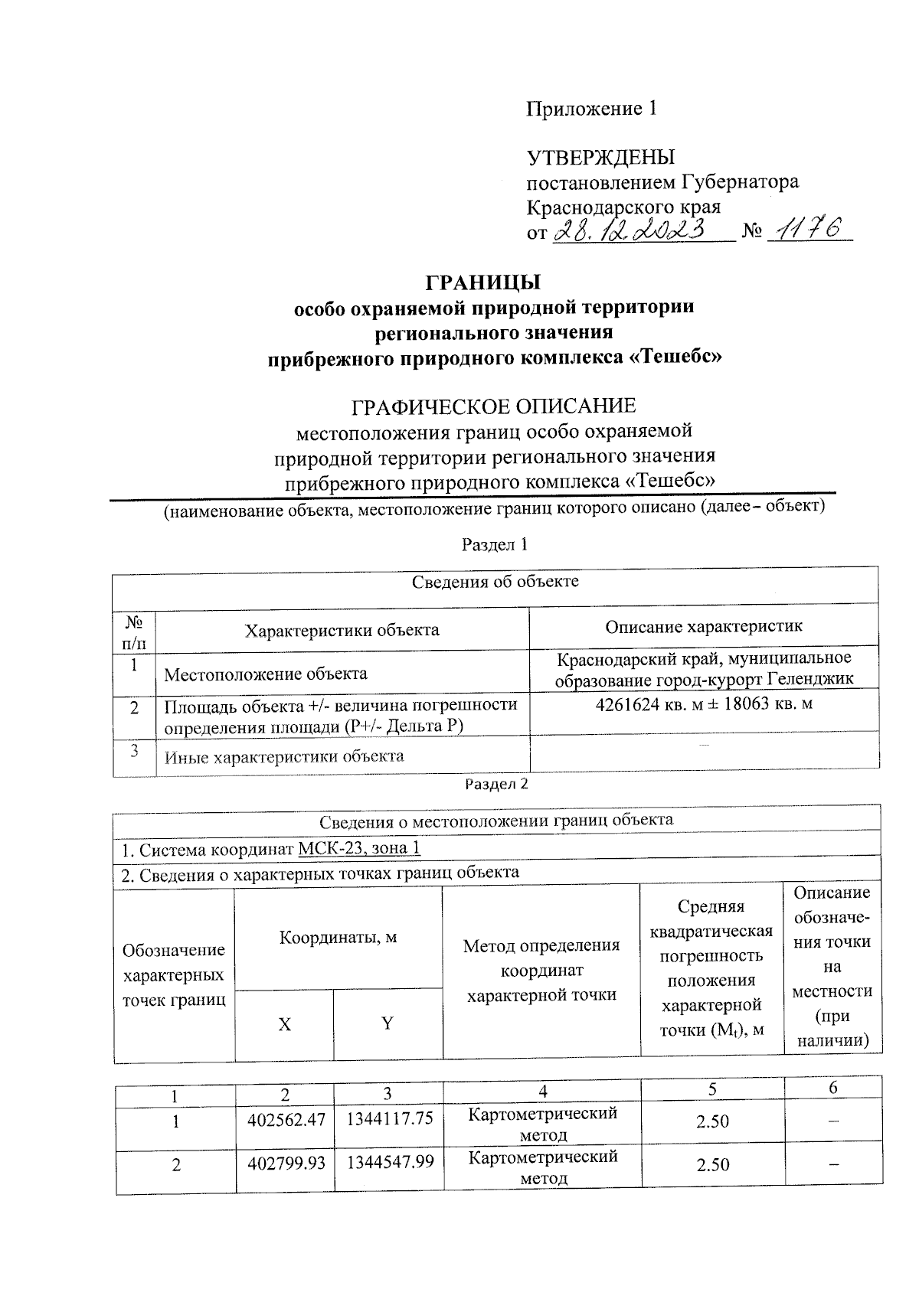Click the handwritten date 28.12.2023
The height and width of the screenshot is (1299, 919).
pos(640,230)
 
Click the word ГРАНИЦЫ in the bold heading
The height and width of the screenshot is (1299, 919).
pos(483,282)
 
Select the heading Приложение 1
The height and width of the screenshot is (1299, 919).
pos(591,109)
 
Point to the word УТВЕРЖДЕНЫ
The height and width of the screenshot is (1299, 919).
pos(601,158)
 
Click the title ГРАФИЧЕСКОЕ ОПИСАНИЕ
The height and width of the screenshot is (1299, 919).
pos(493,406)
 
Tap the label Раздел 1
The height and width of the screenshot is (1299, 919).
pos(495,545)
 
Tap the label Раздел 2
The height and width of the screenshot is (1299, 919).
pos(497,785)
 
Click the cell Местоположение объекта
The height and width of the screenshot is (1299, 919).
pos(266,674)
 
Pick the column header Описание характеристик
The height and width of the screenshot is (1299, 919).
pos(704,627)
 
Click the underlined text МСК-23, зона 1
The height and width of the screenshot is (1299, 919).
pos(359,849)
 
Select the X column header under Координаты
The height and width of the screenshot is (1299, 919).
pos(284,1025)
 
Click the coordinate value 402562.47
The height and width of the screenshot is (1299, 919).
pos(286,1119)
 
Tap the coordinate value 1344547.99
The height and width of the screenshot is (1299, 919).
pos(391,1162)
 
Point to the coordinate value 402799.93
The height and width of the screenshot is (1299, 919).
pos(286,1163)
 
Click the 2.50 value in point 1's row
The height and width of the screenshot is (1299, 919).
pos(712,1121)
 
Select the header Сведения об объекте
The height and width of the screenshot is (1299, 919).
pos(495,582)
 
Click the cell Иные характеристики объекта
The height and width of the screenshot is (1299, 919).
pos(284,757)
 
